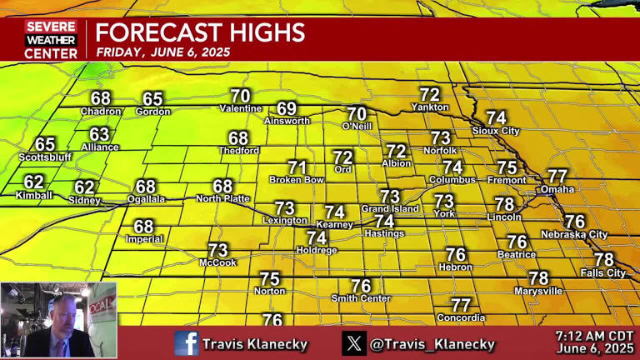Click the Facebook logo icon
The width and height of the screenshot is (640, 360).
pyautogui.click(x=186, y=342)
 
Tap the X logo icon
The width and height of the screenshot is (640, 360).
pyautogui.click(x=354, y=342)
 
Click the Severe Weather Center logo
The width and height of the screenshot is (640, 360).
pyautogui.click(x=51, y=40)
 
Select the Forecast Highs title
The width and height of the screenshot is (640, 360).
pyautogui.click(x=199, y=33)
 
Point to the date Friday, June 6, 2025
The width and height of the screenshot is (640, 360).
pyautogui.click(x=162, y=52)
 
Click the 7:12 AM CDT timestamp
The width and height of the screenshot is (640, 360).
pyautogui.click(x=595, y=336)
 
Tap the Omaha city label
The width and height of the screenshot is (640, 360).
pyautogui.click(x=557, y=189)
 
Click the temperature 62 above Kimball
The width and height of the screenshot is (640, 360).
pyautogui.click(x=34, y=182)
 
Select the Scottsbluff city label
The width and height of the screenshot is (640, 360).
pyautogui.click(x=45, y=157)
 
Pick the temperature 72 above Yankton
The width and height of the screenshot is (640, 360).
pyautogui.click(x=429, y=95)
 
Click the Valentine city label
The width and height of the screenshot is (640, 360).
pyautogui.click(x=241, y=108)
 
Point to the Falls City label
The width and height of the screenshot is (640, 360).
pyautogui.click(x=602, y=272)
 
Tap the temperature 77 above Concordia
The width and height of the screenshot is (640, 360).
pyautogui.click(x=461, y=305)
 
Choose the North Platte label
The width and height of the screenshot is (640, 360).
pyautogui.click(x=223, y=198)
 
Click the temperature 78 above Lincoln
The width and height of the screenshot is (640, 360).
pyautogui.click(x=504, y=204)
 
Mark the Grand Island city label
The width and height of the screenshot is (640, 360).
pyautogui.click(x=390, y=208)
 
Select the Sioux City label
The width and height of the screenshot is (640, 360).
pyautogui.click(x=496, y=131)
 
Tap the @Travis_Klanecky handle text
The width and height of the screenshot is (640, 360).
pyautogui.click(x=432, y=343)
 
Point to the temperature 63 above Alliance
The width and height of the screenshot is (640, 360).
pyautogui.click(x=100, y=134)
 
